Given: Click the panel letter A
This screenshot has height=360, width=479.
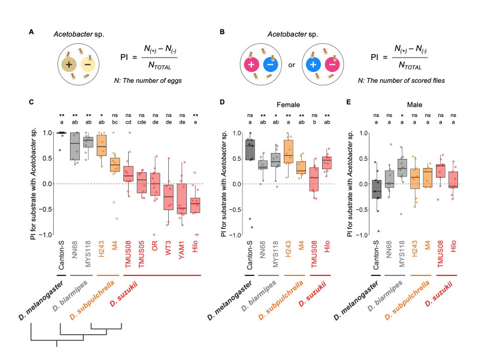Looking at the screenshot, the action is (31, 32).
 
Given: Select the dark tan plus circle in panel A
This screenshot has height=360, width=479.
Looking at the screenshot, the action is (69, 65).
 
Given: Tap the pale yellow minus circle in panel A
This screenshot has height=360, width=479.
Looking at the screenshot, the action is (88, 65).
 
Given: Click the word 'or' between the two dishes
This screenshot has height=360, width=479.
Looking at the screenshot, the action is (292, 65).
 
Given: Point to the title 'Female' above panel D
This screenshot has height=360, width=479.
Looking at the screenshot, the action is (288, 104).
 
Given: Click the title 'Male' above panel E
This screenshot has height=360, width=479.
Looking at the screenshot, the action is (414, 104).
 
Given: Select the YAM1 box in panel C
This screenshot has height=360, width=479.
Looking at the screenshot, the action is (182, 199).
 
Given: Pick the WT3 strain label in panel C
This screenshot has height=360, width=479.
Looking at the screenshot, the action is (168, 248).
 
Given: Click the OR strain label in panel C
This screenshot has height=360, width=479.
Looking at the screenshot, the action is (155, 246).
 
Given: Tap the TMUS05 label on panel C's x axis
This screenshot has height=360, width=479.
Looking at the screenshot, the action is (141, 254).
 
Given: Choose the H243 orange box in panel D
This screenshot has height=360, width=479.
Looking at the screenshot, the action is (289, 152).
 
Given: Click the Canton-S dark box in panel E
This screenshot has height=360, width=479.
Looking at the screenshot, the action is (377, 189).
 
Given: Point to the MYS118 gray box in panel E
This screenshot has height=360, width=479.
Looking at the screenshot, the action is (402, 168).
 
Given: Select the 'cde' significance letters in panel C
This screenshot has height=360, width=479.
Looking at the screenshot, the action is (141, 122).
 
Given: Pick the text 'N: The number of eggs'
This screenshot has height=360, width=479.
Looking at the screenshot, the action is (148, 80).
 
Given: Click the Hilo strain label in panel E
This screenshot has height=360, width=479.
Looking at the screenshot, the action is (453, 247).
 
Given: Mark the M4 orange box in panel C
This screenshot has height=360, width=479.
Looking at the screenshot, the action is (115, 164).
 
